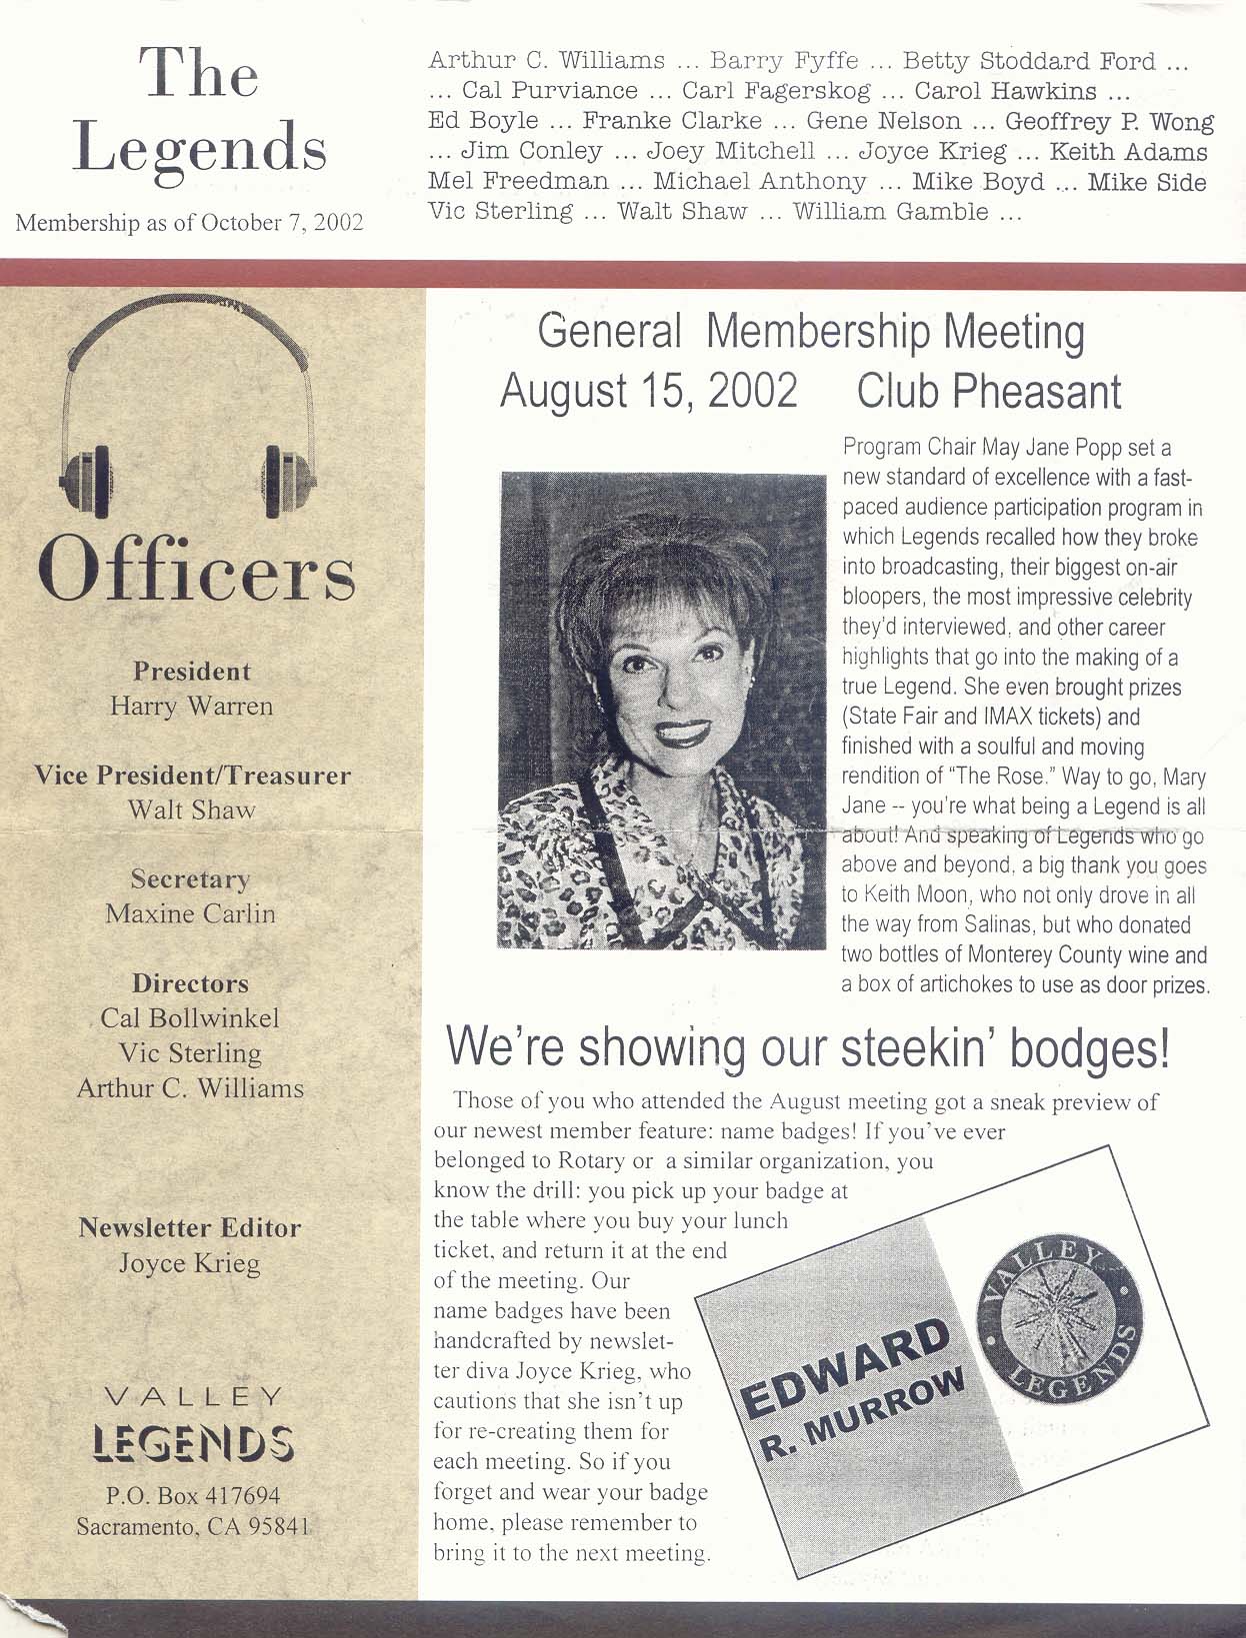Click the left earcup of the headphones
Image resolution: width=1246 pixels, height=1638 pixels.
[90, 481]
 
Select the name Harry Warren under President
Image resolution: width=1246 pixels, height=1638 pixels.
[191, 707]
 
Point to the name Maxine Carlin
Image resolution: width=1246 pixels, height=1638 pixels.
[190, 913]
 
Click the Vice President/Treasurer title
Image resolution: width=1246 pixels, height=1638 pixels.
[192, 776]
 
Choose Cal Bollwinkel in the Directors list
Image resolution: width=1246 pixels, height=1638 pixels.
[190, 1018]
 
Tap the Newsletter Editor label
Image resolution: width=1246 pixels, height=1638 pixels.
[190, 1227]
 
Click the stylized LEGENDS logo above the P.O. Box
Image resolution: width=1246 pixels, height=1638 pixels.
[193, 1444]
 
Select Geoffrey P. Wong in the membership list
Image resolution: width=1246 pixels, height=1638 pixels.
[1109, 122]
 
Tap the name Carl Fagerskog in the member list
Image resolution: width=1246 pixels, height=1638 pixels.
[776, 91]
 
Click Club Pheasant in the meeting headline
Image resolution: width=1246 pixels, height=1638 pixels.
[989, 391]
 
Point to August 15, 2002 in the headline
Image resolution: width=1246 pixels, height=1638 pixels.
[649, 391]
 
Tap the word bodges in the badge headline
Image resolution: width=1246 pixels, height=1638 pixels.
[1089, 1046]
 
